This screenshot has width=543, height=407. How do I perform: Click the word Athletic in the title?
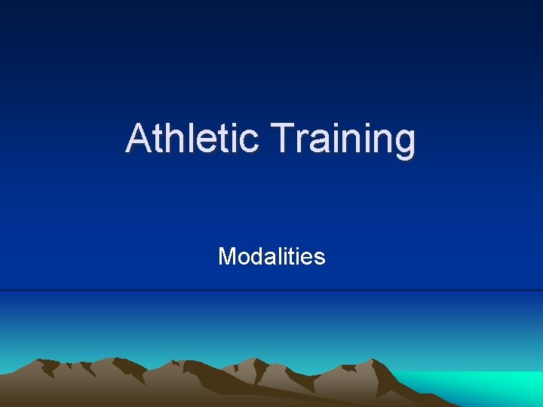point(192,139)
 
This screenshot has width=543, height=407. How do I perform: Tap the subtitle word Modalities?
point(271,257)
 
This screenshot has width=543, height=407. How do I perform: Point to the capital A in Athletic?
point(138,139)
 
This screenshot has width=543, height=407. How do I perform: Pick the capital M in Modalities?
point(226,257)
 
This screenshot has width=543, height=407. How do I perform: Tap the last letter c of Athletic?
point(250,142)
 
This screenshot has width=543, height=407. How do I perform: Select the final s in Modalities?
point(320,259)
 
